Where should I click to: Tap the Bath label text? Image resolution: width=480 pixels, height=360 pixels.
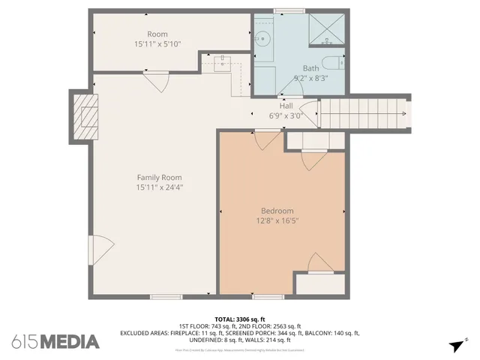point(289,67)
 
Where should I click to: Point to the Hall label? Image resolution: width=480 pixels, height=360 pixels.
point(286,106)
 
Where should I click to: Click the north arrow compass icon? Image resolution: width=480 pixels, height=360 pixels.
point(456,345)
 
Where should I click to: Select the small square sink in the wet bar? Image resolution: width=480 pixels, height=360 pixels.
point(223,63)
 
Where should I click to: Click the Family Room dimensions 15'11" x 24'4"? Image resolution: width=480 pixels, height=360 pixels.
point(159,187)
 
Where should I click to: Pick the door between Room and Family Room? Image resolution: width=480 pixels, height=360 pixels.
point(157,80)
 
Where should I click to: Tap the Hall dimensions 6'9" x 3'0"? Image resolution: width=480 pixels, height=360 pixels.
point(286,116)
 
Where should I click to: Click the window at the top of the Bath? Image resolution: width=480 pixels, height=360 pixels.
point(289,10)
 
